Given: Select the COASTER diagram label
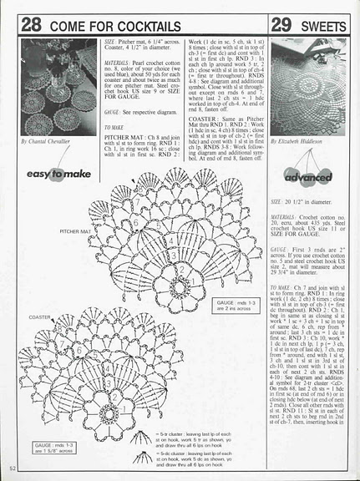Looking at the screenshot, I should tap(40, 317).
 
